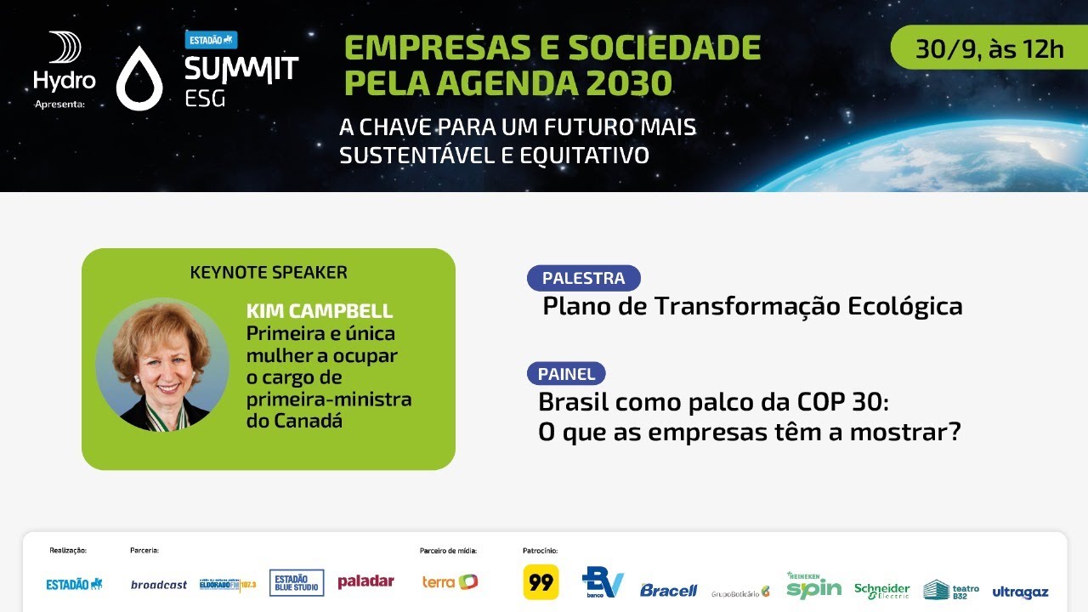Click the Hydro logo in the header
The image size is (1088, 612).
click(x=65, y=63)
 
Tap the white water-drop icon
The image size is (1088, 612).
click(x=139, y=78)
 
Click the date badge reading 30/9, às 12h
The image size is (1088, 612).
click(x=989, y=48)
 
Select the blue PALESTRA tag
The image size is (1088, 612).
click(x=583, y=278)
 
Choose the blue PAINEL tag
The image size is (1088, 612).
click(x=566, y=374)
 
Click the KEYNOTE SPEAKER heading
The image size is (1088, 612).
click(x=269, y=273)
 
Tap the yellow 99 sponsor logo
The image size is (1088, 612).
click(x=541, y=582)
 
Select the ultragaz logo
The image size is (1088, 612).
click(x=1020, y=592)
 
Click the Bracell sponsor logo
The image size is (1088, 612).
click(x=668, y=590)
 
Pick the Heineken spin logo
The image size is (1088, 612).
click(x=813, y=586)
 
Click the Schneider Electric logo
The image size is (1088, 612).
click(x=881, y=590)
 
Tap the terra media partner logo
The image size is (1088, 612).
click(x=450, y=582)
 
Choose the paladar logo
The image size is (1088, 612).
click(x=365, y=581)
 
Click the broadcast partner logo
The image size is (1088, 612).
click(x=159, y=585)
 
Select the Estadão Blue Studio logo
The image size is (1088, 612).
click(x=297, y=582)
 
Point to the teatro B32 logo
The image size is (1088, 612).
click(x=951, y=590)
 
